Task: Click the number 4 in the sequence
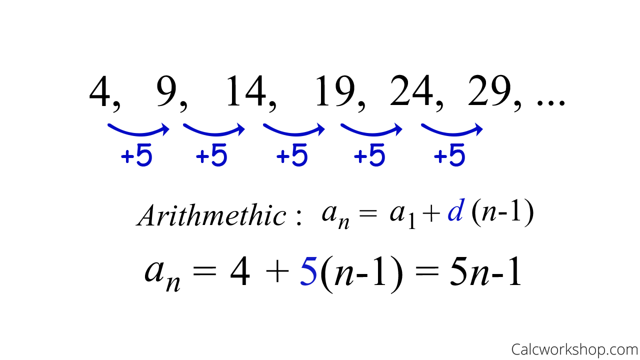click(x=100, y=91)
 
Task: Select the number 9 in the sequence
click(x=167, y=91)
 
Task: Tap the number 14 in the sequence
click(x=245, y=91)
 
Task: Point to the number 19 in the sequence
click(x=334, y=91)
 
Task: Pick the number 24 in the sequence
click(x=411, y=91)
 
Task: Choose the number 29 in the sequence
click(x=490, y=91)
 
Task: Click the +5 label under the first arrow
click(x=136, y=156)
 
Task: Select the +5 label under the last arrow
click(x=449, y=156)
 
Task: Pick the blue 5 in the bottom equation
click(x=308, y=272)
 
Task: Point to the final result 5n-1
click(x=485, y=273)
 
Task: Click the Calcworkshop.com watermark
click(x=574, y=349)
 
